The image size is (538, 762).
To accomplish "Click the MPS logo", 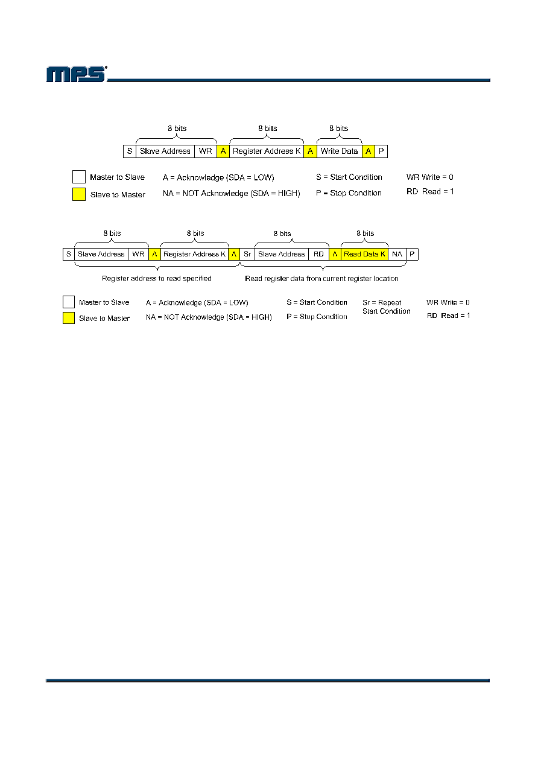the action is click(77, 74).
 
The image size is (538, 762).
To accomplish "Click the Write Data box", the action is click(339, 151).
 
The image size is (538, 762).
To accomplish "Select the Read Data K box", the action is click(364, 254).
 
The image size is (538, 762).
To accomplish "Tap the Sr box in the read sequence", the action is click(247, 254).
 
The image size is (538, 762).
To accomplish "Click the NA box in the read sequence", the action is click(397, 254).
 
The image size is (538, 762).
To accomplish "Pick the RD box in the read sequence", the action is click(318, 254).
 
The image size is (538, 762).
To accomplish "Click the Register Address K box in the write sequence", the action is click(267, 151).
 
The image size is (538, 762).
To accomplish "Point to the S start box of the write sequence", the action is click(130, 151).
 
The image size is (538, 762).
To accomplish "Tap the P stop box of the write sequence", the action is click(381, 151).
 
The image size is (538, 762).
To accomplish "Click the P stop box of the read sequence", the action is click(412, 254).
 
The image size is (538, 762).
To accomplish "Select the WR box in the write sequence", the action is click(206, 151).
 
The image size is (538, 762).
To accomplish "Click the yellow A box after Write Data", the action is click(369, 151).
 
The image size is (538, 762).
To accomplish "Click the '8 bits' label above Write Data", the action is click(338, 129).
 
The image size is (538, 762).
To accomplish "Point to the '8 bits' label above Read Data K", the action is click(365, 233).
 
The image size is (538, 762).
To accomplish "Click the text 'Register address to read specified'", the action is click(157, 279).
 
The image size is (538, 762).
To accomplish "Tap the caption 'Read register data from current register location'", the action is click(321, 279).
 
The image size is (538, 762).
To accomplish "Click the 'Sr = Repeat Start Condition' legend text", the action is click(387, 307).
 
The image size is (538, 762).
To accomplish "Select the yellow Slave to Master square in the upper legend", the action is click(79, 194).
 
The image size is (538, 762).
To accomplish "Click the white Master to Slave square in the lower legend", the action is click(69, 302).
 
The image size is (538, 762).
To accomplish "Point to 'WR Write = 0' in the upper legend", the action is click(430, 177).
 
